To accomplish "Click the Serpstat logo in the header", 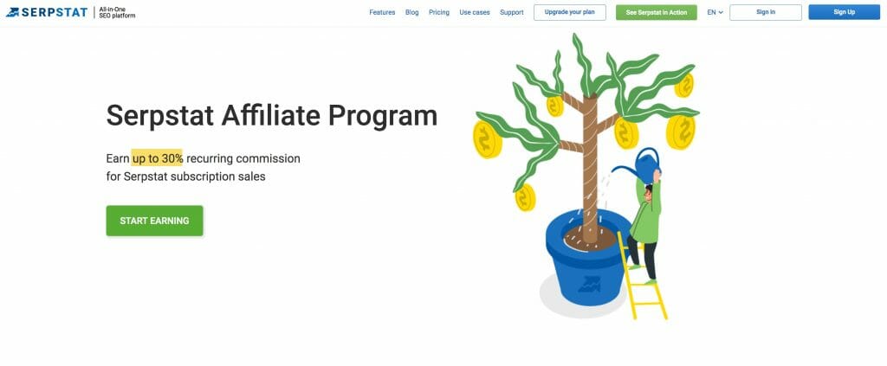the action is tap(47, 12).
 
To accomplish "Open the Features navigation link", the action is tap(382, 12).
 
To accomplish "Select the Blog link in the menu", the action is tap(411, 12).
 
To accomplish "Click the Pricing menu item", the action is tap(439, 12).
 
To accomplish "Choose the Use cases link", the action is tap(475, 12).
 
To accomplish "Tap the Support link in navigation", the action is tap(511, 12).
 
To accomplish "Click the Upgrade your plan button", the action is tap(570, 12).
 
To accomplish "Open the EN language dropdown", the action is tap(715, 12).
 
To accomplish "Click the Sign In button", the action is tap(766, 12).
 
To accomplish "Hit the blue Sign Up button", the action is tap(844, 12).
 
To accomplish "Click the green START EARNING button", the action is tap(154, 221).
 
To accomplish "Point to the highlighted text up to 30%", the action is tap(158, 158).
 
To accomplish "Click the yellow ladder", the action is tap(642, 276).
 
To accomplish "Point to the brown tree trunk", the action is tap(590, 170).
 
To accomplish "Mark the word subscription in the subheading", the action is tap(207, 177).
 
